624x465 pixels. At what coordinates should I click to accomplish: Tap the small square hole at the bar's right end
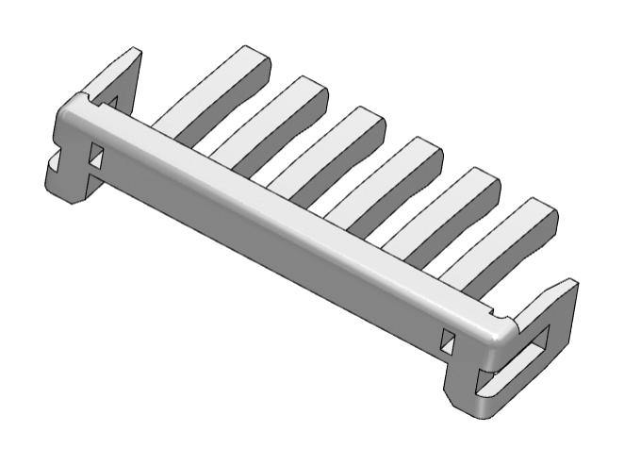449,339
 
